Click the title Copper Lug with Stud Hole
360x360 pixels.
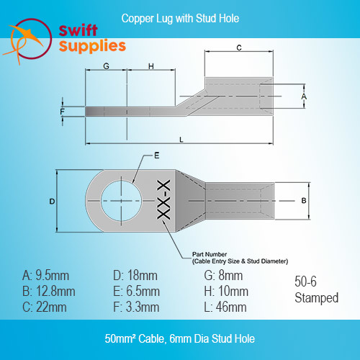pos(180,19)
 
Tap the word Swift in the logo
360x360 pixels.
pos(78,30)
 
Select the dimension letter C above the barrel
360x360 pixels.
pos(239,48)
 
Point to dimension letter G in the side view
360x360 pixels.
pos(106,66)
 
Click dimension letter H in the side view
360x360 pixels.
pos(151,66)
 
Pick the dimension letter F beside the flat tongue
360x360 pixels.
pos(63,112)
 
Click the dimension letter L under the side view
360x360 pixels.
pos(181,140)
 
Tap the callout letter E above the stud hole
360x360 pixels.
pos(157,156)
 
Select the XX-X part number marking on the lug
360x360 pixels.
pos(163,199)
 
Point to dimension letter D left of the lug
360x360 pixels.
pos(52,201)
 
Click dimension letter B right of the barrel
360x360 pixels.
pos(304,200)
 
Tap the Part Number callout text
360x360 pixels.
pos(240,258)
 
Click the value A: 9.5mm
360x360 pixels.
pos(45,276)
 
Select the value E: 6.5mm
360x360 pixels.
pos(136,292)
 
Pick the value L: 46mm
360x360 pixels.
pos(225,307)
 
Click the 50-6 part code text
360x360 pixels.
pos(305,282)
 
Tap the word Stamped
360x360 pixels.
pos(317,298)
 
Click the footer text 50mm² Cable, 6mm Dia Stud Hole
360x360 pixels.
pos(180,338)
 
